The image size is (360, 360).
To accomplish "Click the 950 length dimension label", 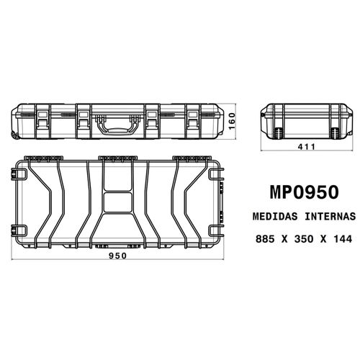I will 117,256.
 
